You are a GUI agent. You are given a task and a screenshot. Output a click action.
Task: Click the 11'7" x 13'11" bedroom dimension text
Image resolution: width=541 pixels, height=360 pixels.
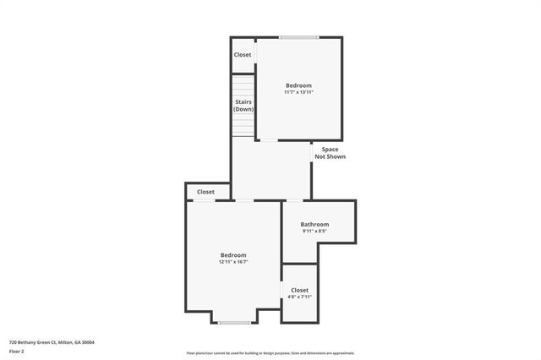coord(298,92)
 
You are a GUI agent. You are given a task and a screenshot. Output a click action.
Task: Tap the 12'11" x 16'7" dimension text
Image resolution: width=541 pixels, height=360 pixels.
coord(233,262)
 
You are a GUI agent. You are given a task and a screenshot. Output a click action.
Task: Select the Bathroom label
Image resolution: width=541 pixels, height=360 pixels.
coord(314,224)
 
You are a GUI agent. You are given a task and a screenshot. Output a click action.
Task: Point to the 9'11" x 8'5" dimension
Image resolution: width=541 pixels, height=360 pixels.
coord(314,231)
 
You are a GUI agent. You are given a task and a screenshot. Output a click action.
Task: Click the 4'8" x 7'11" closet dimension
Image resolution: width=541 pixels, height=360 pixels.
coord(299,297)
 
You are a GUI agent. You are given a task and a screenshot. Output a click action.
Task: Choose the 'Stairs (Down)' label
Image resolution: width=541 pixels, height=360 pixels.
coord(243,106)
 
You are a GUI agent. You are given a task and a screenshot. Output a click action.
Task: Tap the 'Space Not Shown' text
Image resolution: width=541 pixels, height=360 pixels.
coord(330,153)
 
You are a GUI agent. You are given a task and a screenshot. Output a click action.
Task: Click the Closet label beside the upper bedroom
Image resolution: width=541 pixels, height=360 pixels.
coord(243,55)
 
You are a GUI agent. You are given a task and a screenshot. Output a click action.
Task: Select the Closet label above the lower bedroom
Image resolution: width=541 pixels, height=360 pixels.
coord(205,192)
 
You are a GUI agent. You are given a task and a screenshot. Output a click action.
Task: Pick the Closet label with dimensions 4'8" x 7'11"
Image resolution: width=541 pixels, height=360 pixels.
coord(299,290)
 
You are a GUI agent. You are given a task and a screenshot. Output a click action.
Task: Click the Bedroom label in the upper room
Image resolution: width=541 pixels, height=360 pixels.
coord(298,85)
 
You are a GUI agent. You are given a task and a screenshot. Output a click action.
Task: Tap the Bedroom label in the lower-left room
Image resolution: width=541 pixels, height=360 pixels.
coord(233,255)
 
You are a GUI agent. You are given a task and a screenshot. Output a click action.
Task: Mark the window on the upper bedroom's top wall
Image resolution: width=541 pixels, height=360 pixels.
coord(299,37)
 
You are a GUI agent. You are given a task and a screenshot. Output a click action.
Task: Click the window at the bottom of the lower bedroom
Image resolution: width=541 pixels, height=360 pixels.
coord(234,322)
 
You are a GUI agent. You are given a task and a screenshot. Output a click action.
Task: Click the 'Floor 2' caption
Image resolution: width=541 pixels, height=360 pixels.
coord(17,351)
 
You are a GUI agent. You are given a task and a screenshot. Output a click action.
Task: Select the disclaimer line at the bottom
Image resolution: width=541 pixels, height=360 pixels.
coord(270,353)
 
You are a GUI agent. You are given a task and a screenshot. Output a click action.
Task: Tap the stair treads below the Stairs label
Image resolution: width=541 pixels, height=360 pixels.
coord(243,125)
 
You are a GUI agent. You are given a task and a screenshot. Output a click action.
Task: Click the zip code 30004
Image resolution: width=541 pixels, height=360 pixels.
coord(89,342)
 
